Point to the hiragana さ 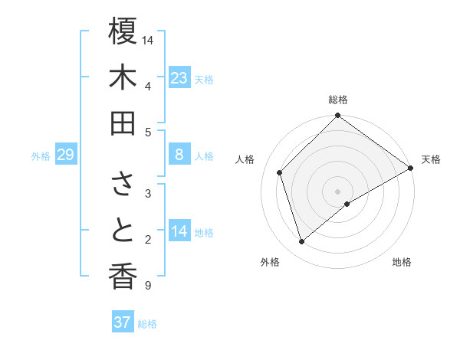[x=123, y=184]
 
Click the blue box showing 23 [x=179, y=77]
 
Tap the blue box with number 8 [x=179, y=155]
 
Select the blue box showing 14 [x=179, y=231]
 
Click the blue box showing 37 [x=122, y=322]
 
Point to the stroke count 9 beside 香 [x=147, y=286]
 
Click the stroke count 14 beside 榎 [x=148, y=39]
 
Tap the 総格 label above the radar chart [x=338, y=100]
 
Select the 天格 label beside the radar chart [x=431, y=159]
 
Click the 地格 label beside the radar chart [x=402, y=262]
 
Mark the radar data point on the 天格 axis [x=410, y=169]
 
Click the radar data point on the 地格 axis [x=347, y=203]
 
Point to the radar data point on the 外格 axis [x=302, y=242]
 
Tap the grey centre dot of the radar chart [x=337, y=190]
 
